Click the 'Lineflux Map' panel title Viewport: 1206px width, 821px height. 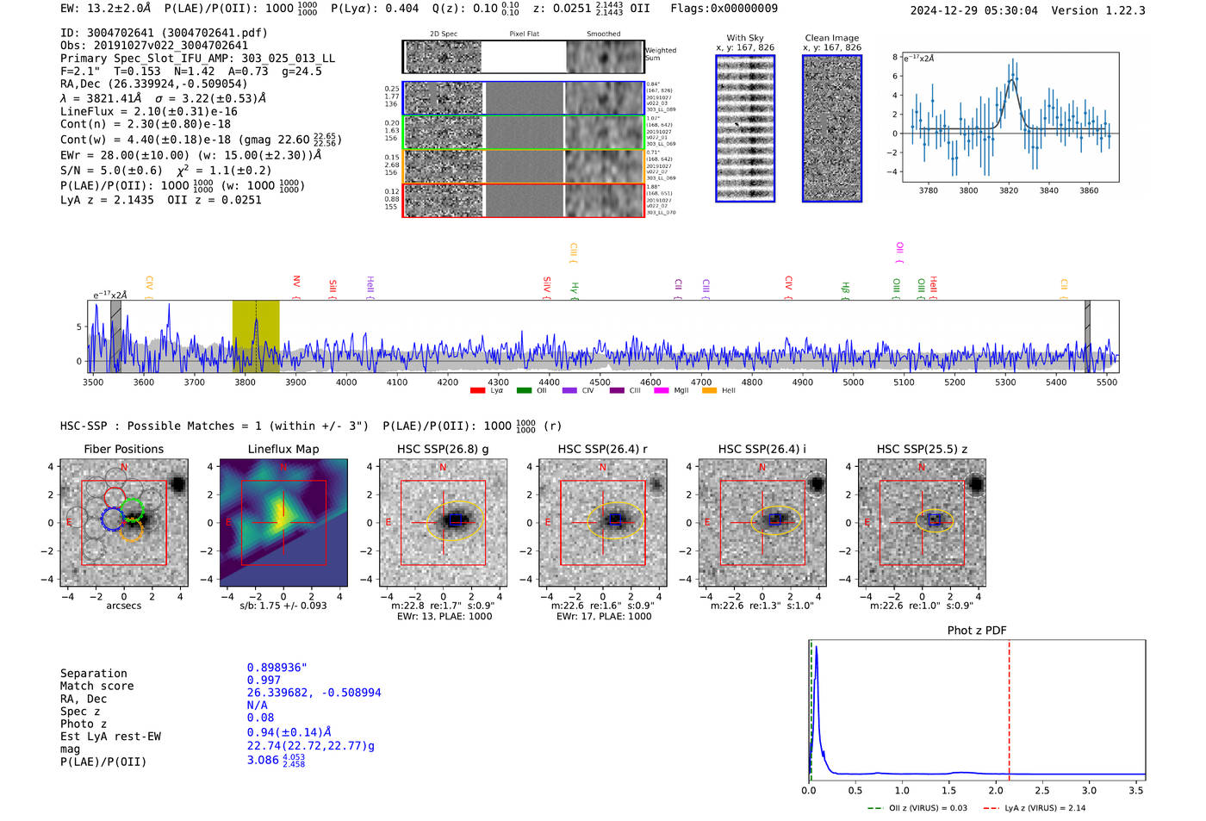point(283,449)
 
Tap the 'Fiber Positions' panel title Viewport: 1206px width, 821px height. point(123,449)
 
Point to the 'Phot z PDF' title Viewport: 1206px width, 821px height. point(977,631)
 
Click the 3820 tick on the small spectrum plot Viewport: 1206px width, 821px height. point(1009,190)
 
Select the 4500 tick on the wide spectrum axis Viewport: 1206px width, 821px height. point(600,382)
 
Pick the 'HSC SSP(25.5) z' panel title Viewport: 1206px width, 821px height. point(922,449)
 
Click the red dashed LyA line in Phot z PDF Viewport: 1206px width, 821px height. point(1009,706)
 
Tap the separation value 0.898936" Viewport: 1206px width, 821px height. point(277,668)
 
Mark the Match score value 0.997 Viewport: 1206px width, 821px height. point(264,680)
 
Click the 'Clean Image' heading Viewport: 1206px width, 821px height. point(831,38)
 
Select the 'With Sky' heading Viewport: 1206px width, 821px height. point(744,38)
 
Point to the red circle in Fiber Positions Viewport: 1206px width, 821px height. point(115,497)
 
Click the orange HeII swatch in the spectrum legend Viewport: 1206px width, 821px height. point(710,391)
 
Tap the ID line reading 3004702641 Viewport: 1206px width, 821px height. point(164,33)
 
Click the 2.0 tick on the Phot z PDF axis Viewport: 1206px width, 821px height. point(996,790)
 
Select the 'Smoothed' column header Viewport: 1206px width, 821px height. point(603,34)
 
